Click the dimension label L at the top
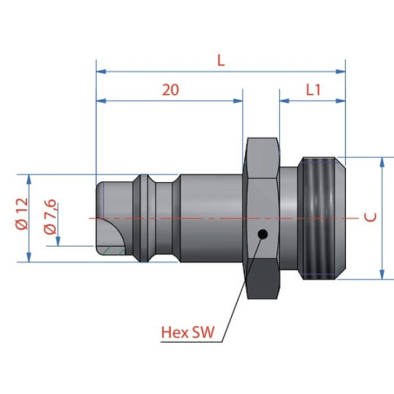click(x=221, y=60)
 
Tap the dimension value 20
click(x=171, y=90)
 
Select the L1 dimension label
click(x=313, y=90)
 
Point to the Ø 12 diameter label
click(x=22, y=214)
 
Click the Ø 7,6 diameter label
click(x=50, y=216)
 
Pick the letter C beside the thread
click(x=370, y=217)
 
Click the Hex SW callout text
click(x=187, y=332)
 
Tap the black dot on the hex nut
click(x=262, y=234)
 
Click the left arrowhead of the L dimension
click(x=101, y=71)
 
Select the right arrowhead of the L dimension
click(x=341, y=71)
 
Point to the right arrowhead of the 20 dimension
click(x=238, y=101)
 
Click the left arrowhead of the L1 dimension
click(x=284, y=101)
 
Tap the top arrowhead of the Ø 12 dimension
click(x=29, y=180)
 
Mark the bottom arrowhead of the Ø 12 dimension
click(x=29, y=257)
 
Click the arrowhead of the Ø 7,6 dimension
click(x=58, y=241)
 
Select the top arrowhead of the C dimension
click(x=382, y=162)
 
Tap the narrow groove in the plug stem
click(x=164, y=218)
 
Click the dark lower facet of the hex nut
click(x=262, y=278)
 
